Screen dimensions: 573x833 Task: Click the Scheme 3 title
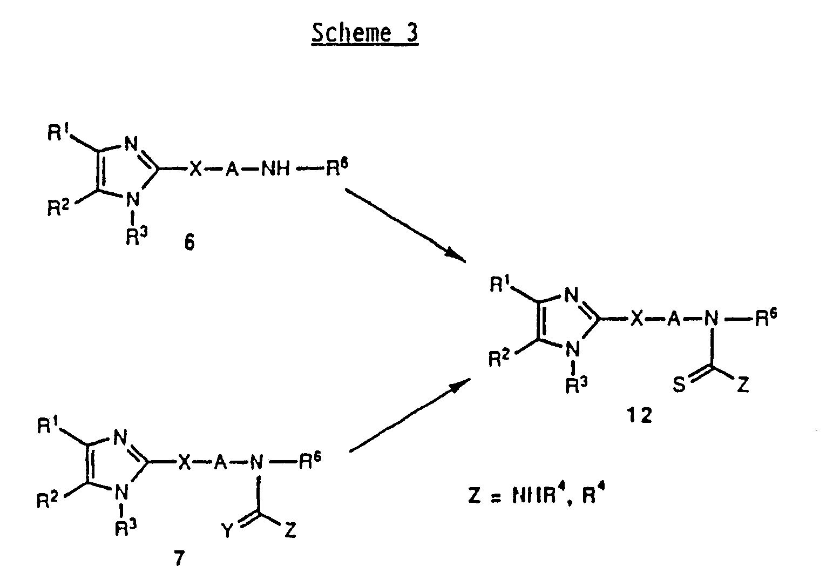point(364,34)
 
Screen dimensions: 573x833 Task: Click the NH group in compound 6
point(275,170)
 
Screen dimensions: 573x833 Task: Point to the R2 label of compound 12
point(499,359)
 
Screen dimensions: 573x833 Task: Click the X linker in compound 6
point(195,170)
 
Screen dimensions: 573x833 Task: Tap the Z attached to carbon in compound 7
point(290,531)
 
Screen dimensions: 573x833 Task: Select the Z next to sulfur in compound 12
point(743,386)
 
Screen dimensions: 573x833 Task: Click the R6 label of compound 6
point(336,169)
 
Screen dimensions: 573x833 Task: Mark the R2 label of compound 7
point(48,501)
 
